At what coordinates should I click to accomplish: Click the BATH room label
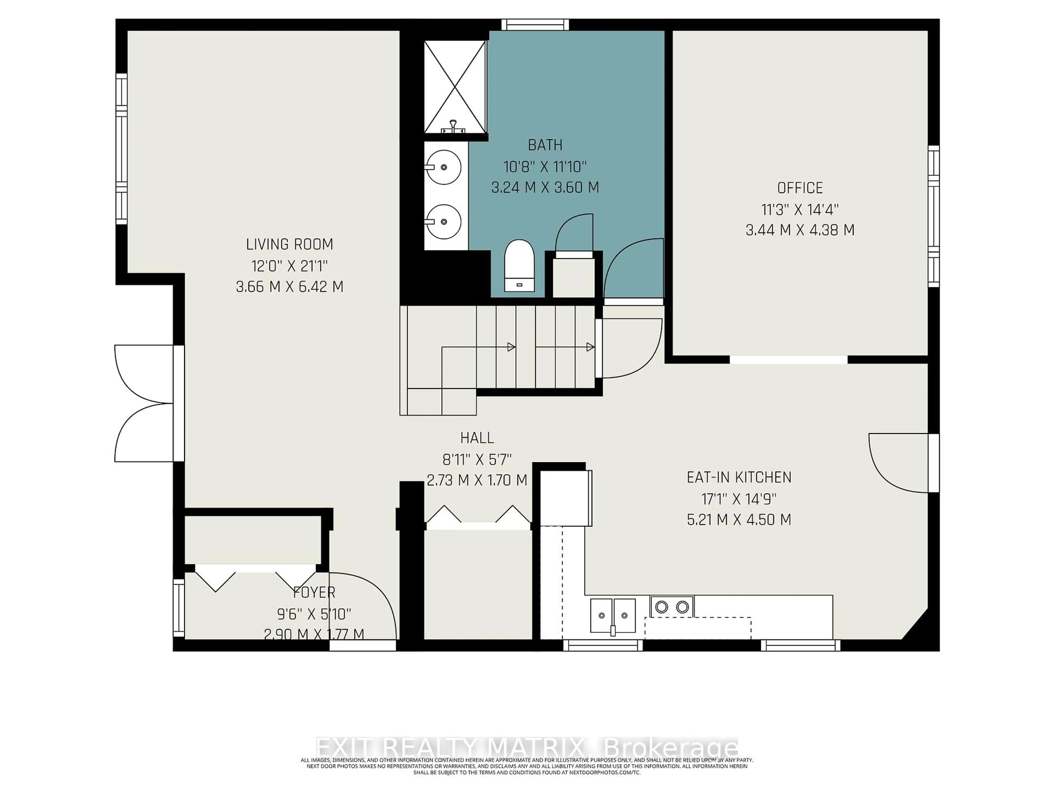coord(545,145)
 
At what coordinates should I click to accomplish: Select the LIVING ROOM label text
coord(289,244)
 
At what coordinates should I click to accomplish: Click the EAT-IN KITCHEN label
coord(739,477)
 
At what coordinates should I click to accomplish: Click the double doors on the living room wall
coord(143,403)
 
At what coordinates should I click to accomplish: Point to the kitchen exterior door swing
coord(898,462)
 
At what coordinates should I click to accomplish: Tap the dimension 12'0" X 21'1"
coord(289,265)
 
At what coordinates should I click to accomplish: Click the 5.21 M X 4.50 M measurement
coord(739,519)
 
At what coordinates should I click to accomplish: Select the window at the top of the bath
coord(535,24)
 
